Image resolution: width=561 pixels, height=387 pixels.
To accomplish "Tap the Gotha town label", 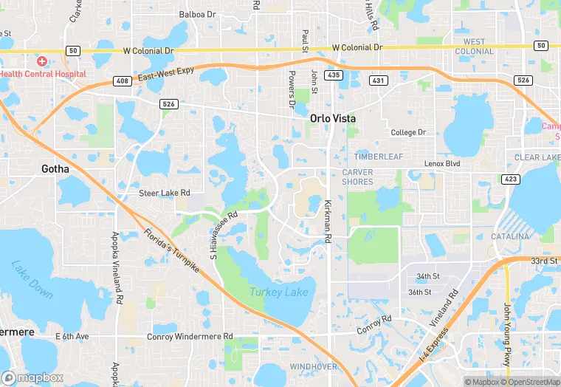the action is [55, 168].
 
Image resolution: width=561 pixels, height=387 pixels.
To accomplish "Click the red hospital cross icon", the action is [43, 61].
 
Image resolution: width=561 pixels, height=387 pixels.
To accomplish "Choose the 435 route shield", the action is [334, 75].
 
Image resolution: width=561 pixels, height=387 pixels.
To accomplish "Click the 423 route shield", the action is [509, 179].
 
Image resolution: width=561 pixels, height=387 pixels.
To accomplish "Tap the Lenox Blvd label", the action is [442, 163].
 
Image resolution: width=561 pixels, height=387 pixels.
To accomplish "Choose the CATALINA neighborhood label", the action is [511, 236].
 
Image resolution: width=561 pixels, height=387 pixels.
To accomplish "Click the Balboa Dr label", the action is [198, 14].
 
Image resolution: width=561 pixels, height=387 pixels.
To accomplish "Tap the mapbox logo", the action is [33, 377].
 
